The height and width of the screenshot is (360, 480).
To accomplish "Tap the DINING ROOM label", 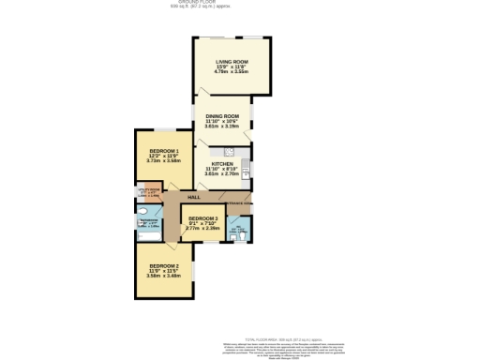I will click(223, 115).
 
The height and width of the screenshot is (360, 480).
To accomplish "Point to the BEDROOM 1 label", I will click(163, 152).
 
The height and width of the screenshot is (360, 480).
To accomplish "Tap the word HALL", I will click(194, 197).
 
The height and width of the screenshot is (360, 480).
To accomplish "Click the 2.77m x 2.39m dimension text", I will click(202, 229).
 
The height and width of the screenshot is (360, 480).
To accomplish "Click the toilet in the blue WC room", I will click(241, 235).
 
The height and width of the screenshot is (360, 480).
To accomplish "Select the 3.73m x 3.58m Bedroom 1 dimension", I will click(163, 161).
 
